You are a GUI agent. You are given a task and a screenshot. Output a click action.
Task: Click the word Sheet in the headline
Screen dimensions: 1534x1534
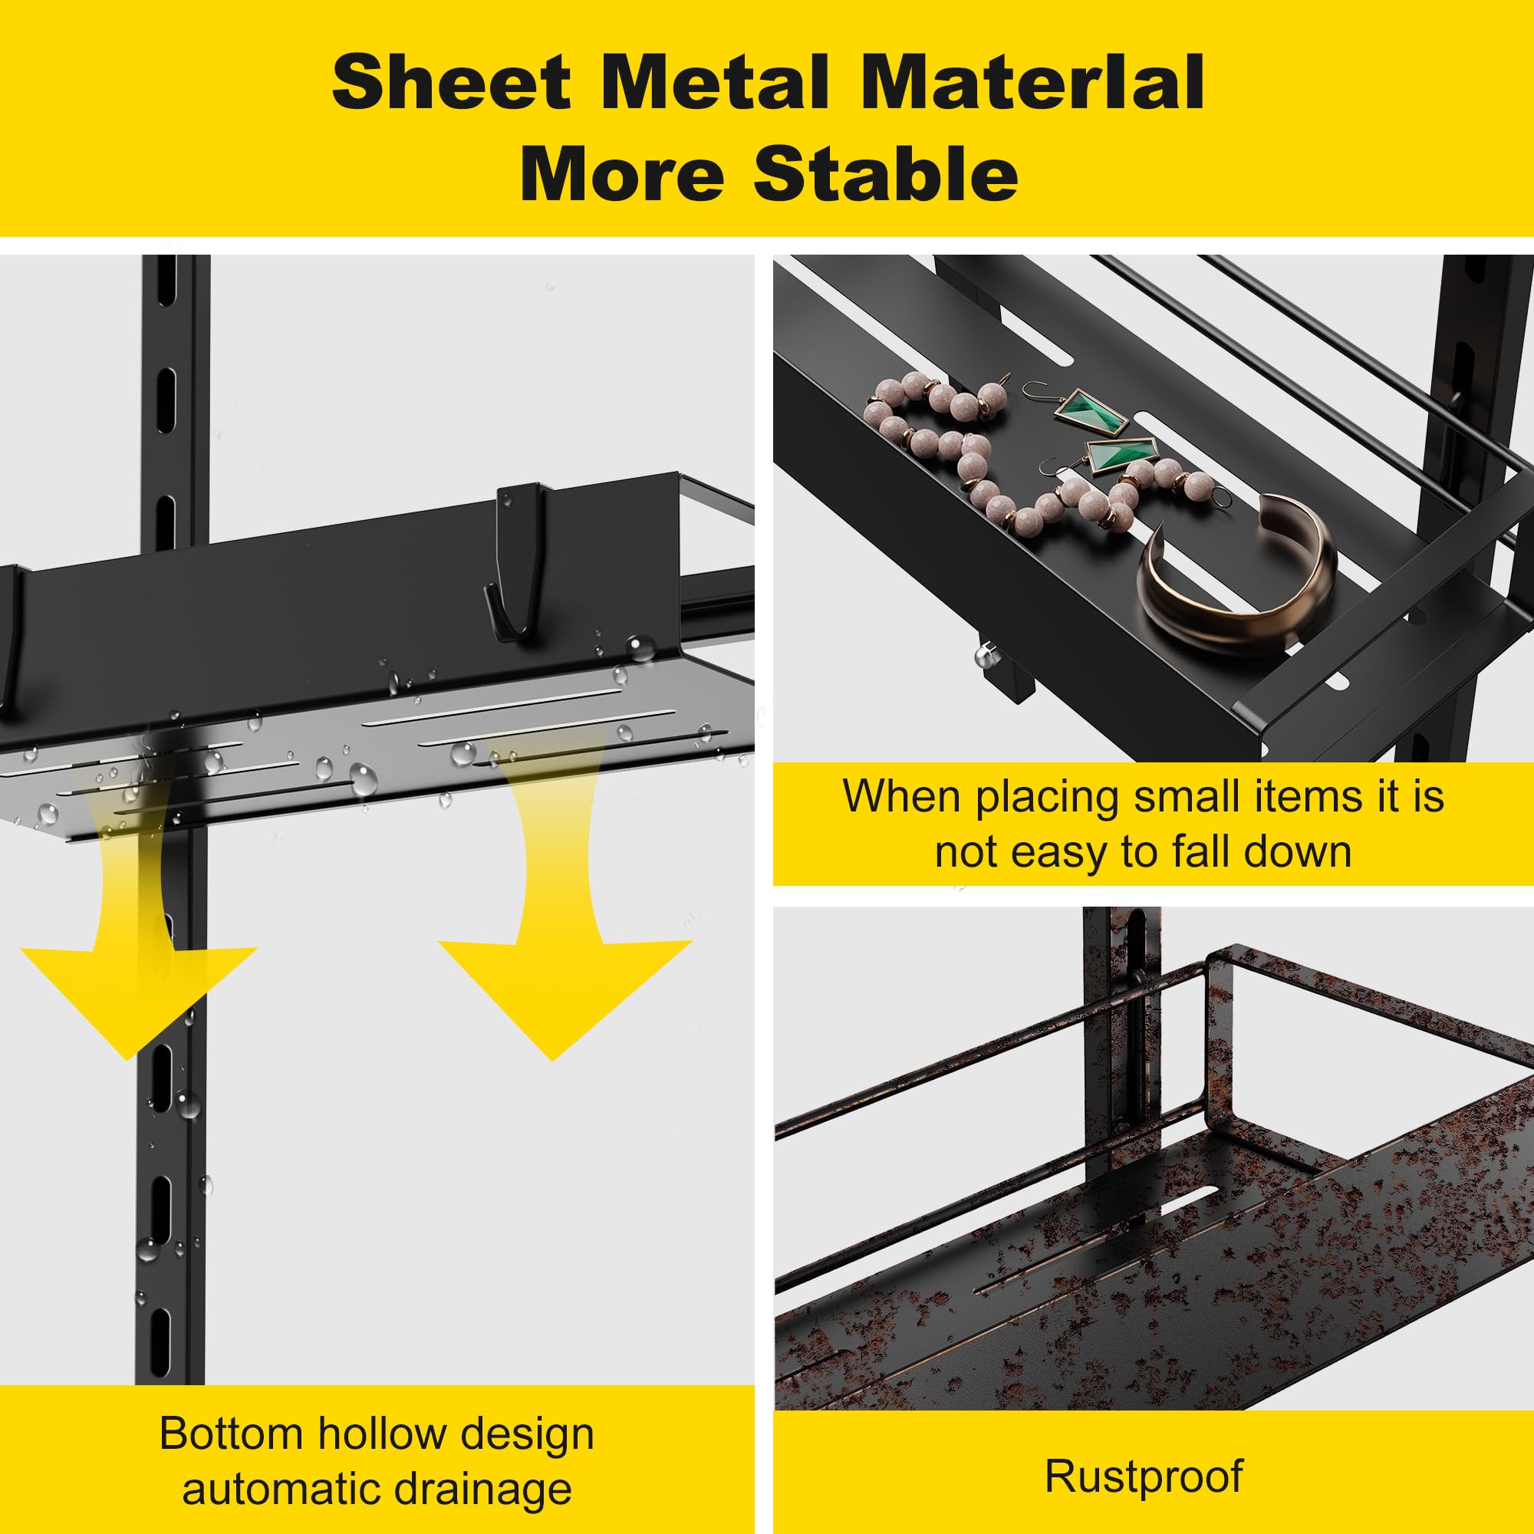(451, 83)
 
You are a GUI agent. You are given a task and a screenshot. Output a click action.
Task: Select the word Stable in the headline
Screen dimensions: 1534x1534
(885, 174)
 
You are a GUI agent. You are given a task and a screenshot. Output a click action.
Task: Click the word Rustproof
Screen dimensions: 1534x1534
(1144, 1452)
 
